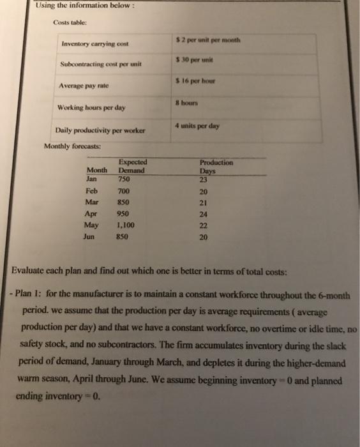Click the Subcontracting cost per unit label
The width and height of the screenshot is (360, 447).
[101, 64]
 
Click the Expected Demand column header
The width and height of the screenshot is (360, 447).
[133, 167]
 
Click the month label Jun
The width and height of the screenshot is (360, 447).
[90, 236]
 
